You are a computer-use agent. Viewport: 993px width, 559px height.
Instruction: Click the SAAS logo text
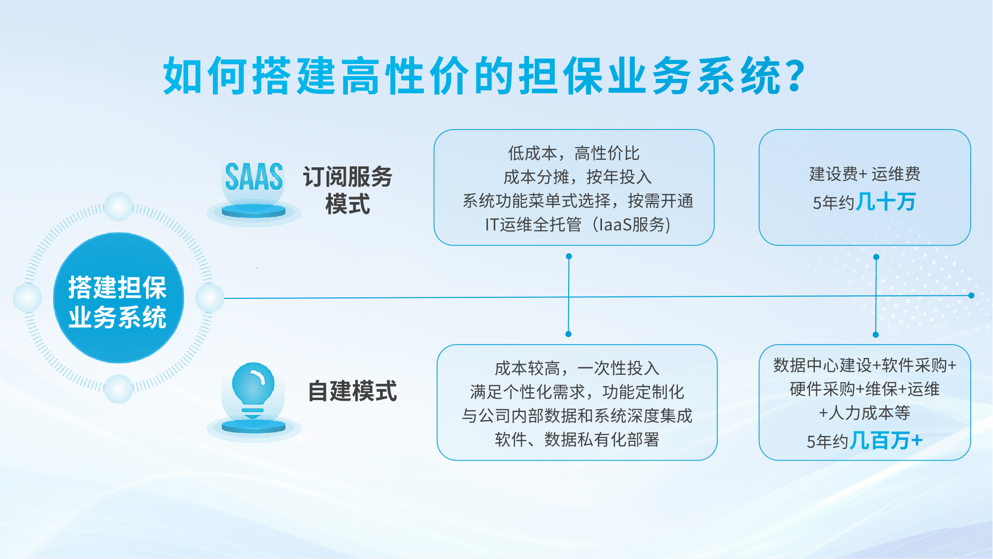click(254, 177)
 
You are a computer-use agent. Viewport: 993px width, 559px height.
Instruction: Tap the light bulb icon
click(253, 390)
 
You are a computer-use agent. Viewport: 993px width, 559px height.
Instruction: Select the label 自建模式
click(352, 391)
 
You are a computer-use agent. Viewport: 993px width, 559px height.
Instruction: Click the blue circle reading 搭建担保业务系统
click(119, 298)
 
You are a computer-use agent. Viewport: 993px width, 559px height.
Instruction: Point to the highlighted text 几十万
click(886, 202)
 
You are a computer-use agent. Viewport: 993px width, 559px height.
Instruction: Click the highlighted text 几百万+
click(886, 440)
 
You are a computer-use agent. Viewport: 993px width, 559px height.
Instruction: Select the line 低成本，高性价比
click(574, 153)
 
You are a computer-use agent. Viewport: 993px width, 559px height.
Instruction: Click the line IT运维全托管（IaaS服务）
click(578, 225)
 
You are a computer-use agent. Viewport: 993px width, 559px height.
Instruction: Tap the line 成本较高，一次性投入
click(577, 368)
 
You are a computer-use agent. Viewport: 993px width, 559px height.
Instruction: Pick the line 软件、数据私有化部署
click(577, 439)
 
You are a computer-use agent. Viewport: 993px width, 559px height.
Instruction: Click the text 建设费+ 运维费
click(864, 174)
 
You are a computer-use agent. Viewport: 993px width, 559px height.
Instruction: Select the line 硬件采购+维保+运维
click(864, 389)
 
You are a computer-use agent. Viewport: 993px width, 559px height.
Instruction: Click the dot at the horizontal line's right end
click(971, 295)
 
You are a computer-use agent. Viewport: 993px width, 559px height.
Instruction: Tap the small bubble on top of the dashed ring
click(119, 206)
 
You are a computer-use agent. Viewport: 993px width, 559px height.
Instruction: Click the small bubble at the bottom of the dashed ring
click(119, 389)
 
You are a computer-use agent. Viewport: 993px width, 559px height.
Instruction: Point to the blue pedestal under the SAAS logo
click(254, 211)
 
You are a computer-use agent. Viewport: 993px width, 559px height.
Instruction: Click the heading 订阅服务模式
click(347, 190)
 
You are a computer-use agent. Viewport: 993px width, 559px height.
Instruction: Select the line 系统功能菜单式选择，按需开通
click(578, 201)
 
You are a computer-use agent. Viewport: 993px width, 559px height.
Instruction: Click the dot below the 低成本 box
click(569, 256)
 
